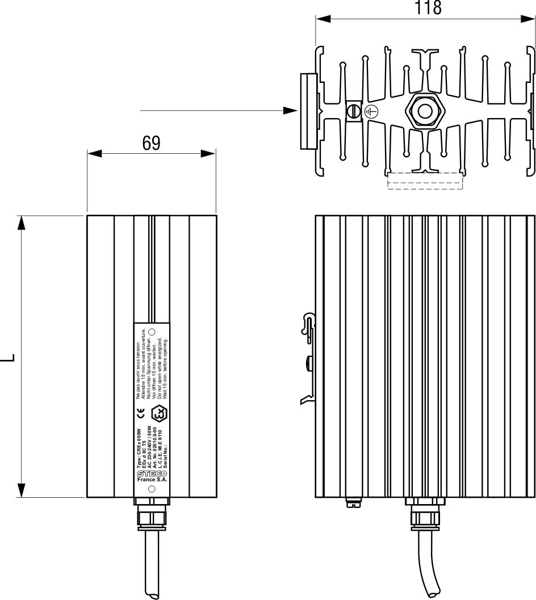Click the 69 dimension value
point(151,144)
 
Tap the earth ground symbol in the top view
point(370,112)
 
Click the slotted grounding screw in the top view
point(354,111)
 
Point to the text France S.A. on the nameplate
point(151,480)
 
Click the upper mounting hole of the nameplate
point(151,331)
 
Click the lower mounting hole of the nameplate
point(151,489)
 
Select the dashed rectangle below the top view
point(425,181)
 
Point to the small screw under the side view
point(352,501)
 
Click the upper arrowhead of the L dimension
point(22,223)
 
